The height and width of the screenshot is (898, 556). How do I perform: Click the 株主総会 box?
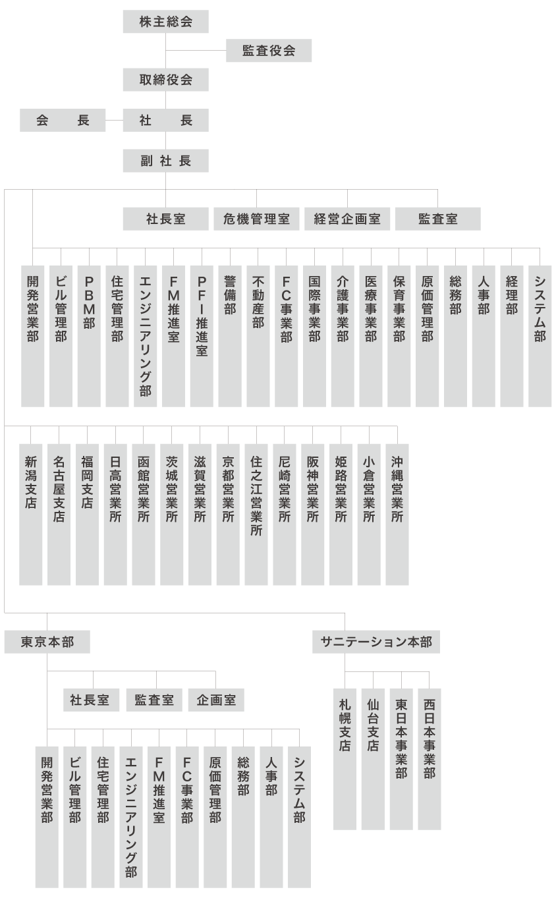pyautogui.click(x=165, y=22)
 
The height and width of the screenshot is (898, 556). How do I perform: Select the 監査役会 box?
pyautogui.click(x=269, y=51)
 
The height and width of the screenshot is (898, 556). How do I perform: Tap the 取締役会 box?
pyautogui.click(x=165, y=80)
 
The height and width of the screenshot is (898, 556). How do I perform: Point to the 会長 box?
pyautogui.click(x=63, y=121)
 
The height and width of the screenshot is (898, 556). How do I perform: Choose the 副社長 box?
pyautogui.click(x=165, y=161)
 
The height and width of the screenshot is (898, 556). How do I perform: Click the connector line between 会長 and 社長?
pyautogui.click(x=114, y=121)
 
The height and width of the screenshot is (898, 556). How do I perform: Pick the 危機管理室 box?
pyautogui.click(x=256, y=219)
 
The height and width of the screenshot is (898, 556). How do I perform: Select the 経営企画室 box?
pyautogui.click(x=347, y=219)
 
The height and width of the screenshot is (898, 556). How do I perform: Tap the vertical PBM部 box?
pyautogui.click(x=89, y=336)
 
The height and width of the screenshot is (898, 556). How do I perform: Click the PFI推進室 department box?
pyautogui.click(x=202, y=336)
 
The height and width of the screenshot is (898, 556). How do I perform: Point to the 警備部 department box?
pyautogui.click(x=230, y=336)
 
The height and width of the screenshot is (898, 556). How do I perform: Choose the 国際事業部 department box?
pyautogui.click(x=314, y=336)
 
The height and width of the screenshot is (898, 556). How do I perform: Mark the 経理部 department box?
pyautogui.click(x=511, y=336)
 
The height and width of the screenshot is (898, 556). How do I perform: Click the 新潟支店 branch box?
pyautogui.click(x=31, y=515)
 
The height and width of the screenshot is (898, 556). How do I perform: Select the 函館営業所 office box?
pyautogui.click(x=144, y=515)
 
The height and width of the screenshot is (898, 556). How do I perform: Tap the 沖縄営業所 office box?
pyautogui.click(x=397, y=515)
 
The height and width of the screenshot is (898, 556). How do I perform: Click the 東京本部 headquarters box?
pyautogui.click(x=47, y=642)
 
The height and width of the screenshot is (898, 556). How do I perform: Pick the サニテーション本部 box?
pyautogui.click(x=376, y=642)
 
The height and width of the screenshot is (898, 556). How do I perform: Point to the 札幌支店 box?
pyautogui.click(x=345, y=759)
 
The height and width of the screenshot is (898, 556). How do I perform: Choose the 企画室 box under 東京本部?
pyautogui.click(x=216, y=700)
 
